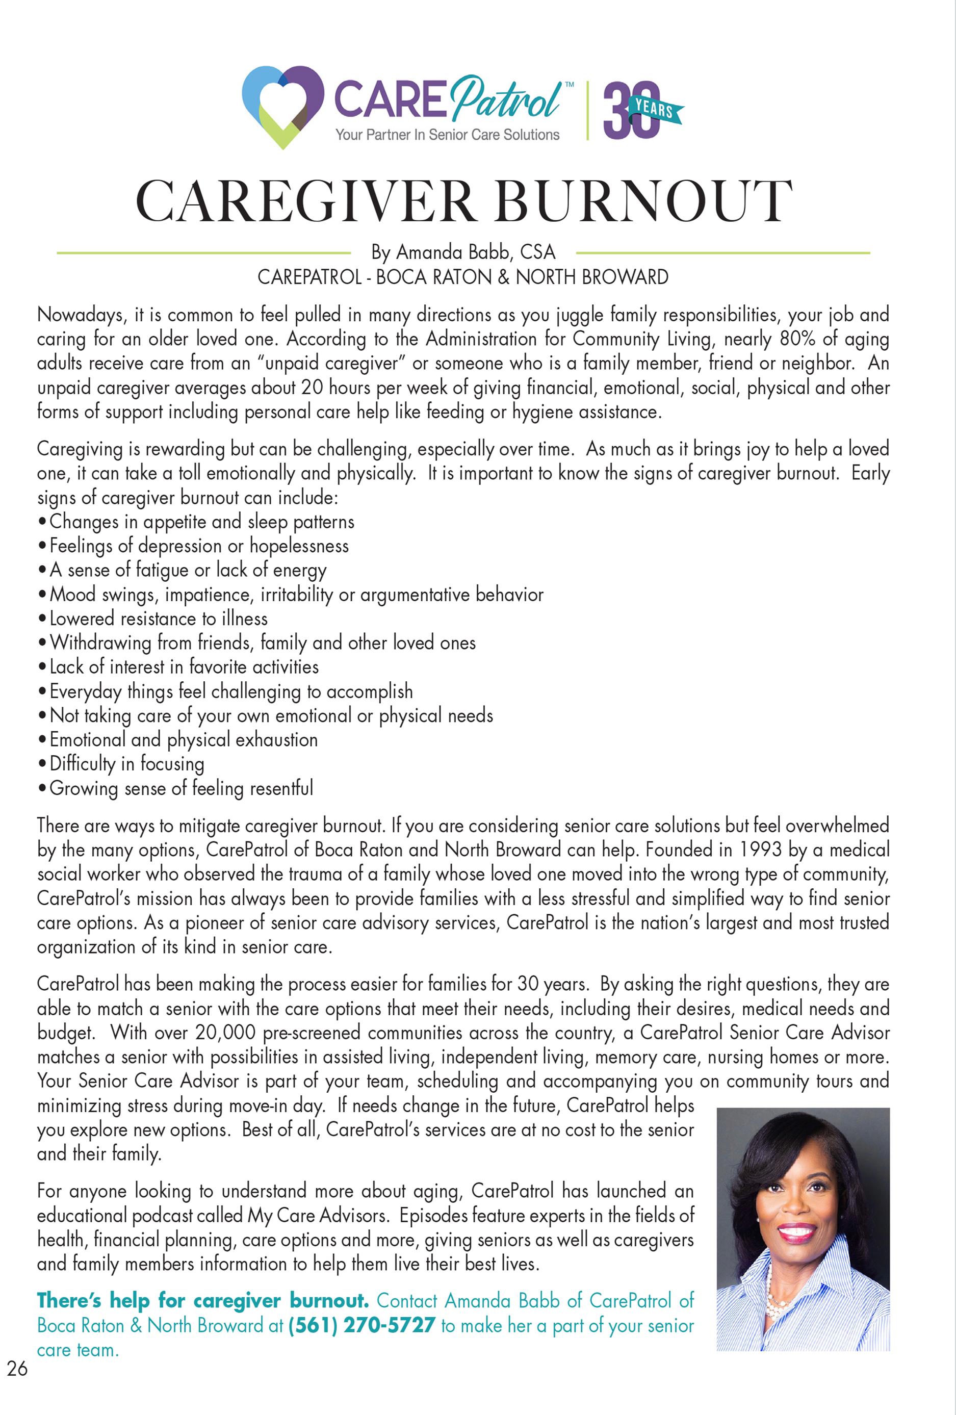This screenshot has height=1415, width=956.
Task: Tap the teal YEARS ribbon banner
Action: point(656,110)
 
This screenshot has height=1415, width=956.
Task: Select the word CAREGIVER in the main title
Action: point(304,201)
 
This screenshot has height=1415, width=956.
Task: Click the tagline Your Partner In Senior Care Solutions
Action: point(447,135)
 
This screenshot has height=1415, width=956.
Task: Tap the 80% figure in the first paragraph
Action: point(797,339)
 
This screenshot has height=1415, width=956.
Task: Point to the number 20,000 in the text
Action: point(226,1033)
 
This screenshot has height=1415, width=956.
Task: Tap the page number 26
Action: point(17,1368)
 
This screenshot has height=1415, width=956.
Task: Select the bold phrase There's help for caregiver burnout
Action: point(203,1301)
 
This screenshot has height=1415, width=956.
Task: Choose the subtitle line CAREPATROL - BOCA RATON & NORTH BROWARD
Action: point(463,277)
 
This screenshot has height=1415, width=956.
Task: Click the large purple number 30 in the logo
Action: point(627,110)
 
